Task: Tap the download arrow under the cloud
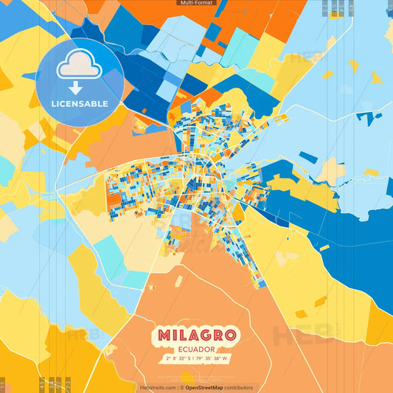80,86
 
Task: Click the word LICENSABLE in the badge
80,104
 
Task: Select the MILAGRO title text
196,335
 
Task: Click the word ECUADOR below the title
196,349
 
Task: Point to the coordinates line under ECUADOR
196,359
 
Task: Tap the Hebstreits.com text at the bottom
158,387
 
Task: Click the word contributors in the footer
238,387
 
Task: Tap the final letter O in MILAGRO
230,335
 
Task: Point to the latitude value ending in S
178,359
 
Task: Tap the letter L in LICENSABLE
54,104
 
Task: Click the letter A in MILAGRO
190,335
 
